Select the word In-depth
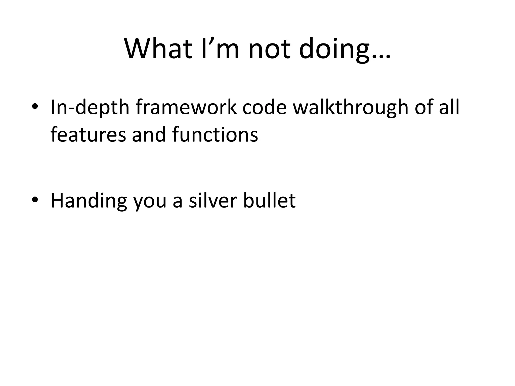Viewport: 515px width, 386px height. coord(90,108)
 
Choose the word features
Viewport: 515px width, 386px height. coord(88,134)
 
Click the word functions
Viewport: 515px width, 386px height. coord(215,134)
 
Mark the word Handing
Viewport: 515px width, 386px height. coord(89,201)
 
